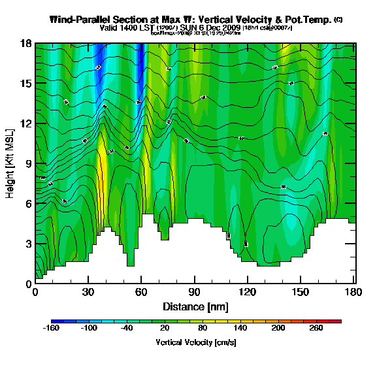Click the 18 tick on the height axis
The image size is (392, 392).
26,44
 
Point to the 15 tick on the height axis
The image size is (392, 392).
26,84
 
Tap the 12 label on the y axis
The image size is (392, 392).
26,123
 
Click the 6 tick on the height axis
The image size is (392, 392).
27,204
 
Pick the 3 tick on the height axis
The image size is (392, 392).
27,244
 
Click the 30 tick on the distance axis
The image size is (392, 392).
88,293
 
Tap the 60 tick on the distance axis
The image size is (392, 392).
140,293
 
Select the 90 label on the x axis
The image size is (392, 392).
194,293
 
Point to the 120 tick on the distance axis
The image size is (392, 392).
247,293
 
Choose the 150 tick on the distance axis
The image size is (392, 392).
300,293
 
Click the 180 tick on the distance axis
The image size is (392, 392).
353,293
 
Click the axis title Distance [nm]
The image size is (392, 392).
195,306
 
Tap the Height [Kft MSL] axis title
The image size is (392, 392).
10,163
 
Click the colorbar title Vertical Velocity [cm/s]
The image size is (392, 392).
196,342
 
